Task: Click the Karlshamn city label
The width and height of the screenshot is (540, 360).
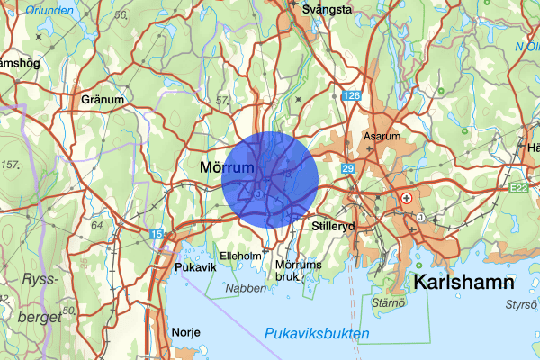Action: click(x=463, y=283)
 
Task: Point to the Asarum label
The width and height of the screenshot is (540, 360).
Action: click(x=381, y=137)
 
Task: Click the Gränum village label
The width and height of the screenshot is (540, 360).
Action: click(x=101, y=100)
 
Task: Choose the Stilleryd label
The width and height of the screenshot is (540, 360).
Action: click(x=334, y=229)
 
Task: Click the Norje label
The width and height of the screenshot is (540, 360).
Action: click(x=185, y=332)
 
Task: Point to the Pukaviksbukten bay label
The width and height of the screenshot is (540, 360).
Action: click(x=317, y=334)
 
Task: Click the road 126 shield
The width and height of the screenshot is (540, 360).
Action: click(x=350, y=95)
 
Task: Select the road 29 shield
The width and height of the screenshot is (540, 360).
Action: click(x=348, y=169)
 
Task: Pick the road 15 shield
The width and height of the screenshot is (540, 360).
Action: click(x=157, y=234)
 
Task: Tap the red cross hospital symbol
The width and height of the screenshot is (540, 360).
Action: click(x=408, y=197)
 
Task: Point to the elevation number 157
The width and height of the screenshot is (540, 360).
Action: click(x=11, y=165)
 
